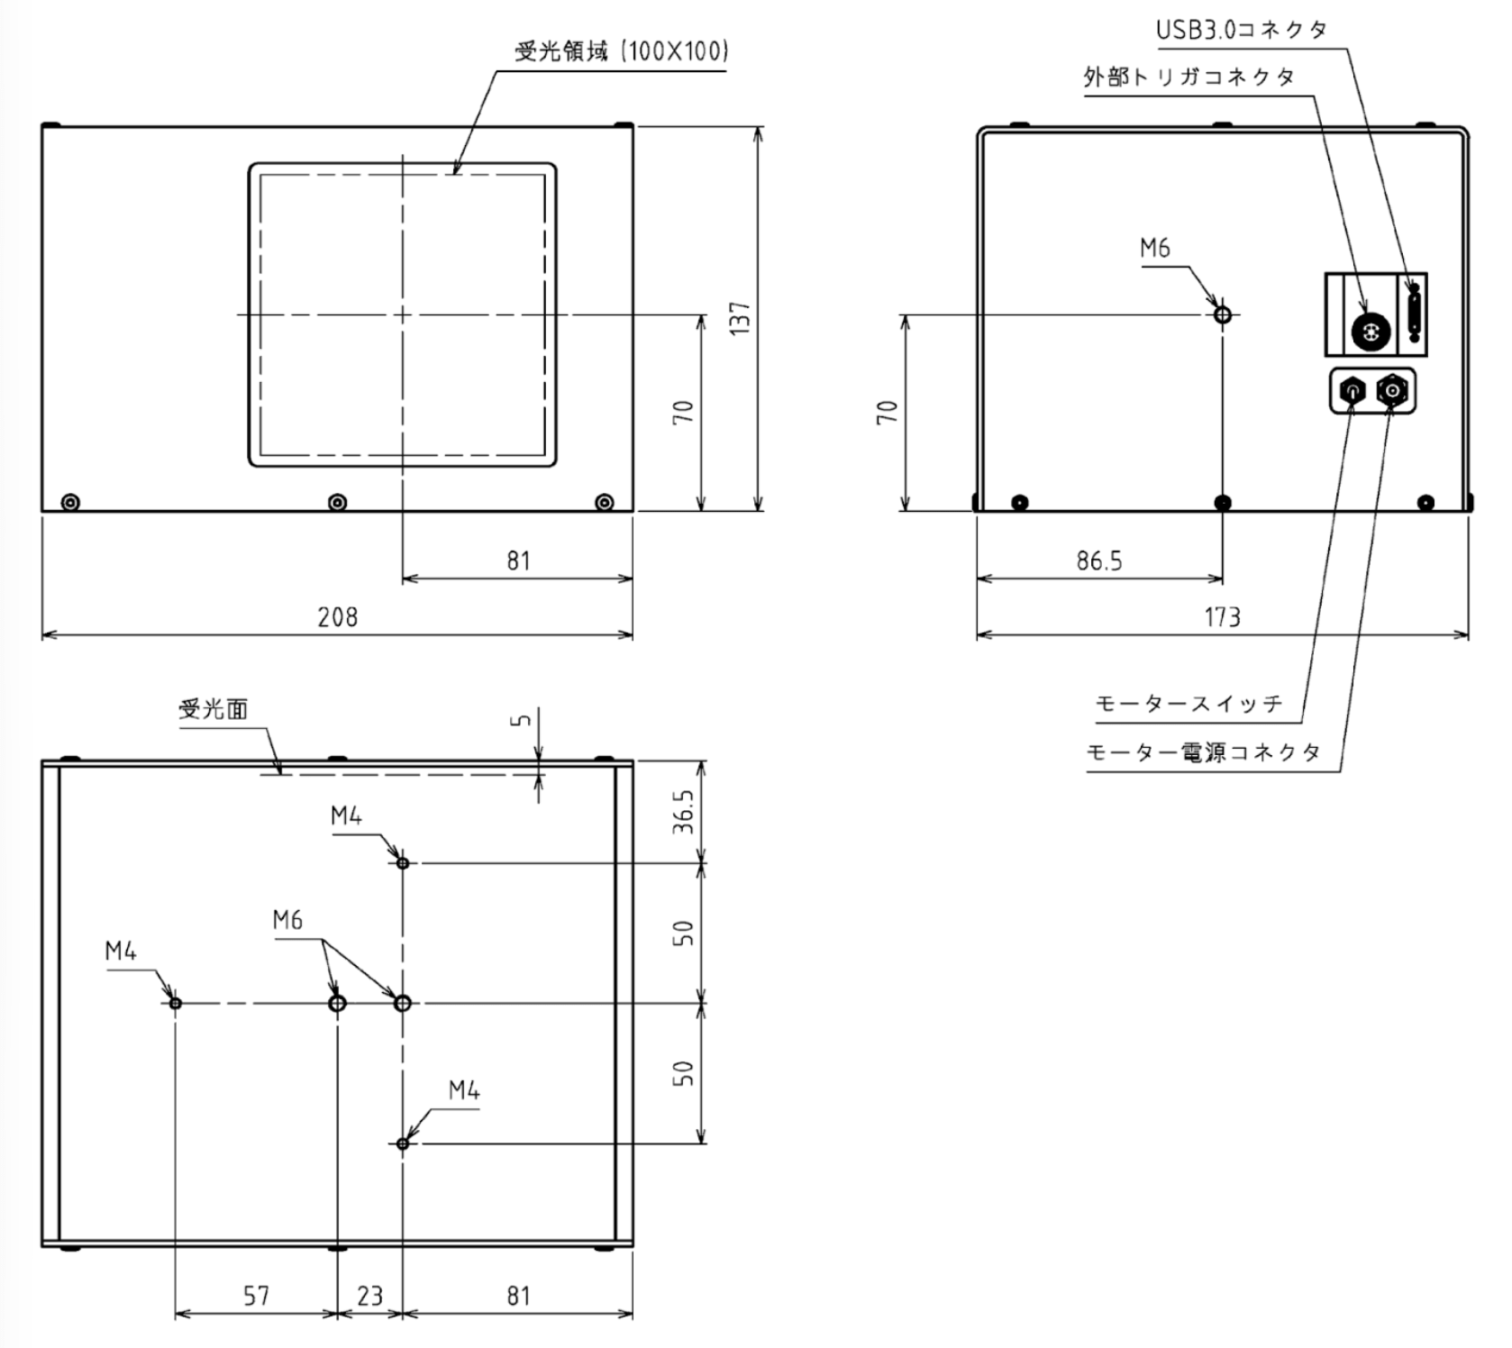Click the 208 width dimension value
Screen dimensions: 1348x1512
coord(337,617)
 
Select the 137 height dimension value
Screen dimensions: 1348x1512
coord(740,318)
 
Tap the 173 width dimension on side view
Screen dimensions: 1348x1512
coord(1222,617)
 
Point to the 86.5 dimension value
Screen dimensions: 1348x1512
coord(1099,561)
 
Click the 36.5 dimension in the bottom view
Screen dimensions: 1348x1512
coord(684,812)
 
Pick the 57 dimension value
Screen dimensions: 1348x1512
coord(256,1296)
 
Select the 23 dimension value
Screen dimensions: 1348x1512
coord(369,1296)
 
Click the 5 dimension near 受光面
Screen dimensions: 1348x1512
coord(520,720)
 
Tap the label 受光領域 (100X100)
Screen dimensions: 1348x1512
coord(621,51)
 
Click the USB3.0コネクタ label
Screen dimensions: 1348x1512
coord(1242,30)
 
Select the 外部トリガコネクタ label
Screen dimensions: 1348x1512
coord(1189,77)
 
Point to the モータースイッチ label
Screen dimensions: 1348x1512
coord(1189,704)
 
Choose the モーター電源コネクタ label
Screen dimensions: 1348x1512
coord(1203,752)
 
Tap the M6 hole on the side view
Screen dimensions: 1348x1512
coord(1223,314)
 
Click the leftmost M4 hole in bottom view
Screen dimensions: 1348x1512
coord(176,1003)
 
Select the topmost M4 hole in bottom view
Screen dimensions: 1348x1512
coord(403,863)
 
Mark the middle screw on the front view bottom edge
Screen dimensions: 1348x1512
coord(338,502)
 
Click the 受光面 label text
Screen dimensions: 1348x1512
coord(213,710)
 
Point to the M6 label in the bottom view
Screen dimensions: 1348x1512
coord(287,920)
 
